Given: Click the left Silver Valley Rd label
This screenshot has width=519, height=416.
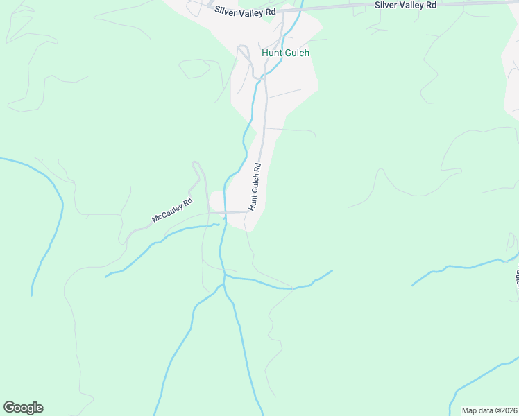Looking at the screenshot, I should point(245,11).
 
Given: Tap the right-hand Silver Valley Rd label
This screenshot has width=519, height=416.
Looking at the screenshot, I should point(405,5).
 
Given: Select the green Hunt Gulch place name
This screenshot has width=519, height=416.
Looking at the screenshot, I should point(285,53).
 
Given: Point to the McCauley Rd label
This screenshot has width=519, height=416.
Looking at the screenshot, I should point(171,212).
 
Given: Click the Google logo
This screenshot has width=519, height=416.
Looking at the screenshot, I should point(23,408).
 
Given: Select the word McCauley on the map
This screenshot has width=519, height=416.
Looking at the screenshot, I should point(167,215).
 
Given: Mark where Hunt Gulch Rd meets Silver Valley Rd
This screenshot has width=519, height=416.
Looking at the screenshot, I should point(283,11).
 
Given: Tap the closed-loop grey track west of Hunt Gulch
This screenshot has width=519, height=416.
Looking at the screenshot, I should point(196,68).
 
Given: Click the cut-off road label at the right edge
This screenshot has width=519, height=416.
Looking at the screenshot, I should point(516,277).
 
